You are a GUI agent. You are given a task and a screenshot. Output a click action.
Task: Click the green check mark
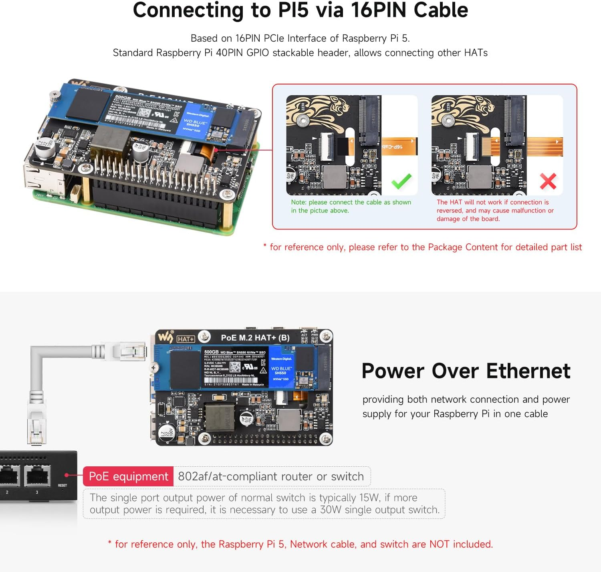pyautogui.click(x=401, y=181)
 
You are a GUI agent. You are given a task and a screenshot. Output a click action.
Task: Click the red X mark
pyautogui.click(x=548, y=181)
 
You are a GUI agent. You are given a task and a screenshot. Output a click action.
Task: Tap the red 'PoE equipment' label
pyautogui.click(x=128, y=476)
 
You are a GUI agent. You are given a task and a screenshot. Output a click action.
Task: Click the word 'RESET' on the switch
pyautogui.click(x=63, y=485)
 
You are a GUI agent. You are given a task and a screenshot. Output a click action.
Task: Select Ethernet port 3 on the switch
pyautogui.click(x=37, y=476)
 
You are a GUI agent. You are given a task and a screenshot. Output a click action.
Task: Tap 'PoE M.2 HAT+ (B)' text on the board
pyautogui.click(x=255, y=338)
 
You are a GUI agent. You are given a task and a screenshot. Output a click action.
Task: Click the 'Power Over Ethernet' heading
pyautogui.click(x=466, y=371)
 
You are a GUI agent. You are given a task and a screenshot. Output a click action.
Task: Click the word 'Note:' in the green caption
pyautogui.click(x=298, y=202)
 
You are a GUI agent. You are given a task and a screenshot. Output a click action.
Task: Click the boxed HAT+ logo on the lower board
pyautogui.click(x=186, y=339)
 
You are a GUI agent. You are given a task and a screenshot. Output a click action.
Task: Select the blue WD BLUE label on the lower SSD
pyautogui.click(x=281, y=368)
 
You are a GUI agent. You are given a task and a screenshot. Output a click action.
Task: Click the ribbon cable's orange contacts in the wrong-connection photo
pyautogui.click(x=490, y=147)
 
